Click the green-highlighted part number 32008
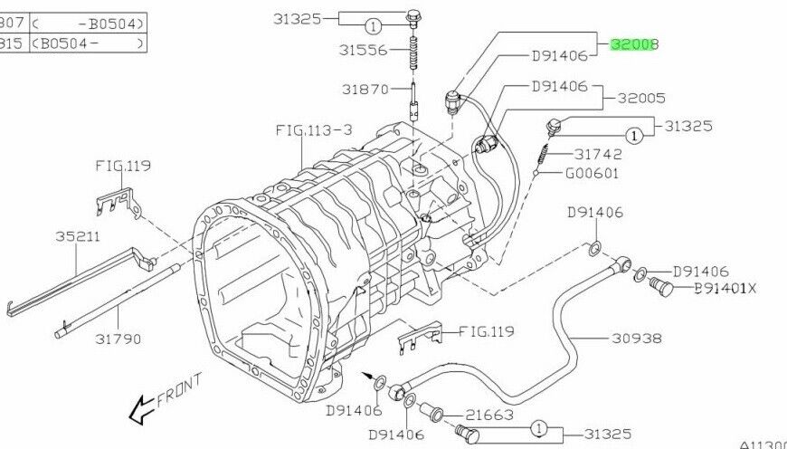[x=634, y=43]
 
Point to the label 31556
[x=365, y=51]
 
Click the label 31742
[x=593, y=154]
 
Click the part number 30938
[x=637, y=338]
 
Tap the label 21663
[x=489, y=415]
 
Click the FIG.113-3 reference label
[x=313, y=129]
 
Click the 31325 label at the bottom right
[x=607, y=435]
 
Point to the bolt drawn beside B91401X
[x=659, y=288]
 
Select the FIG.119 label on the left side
[x=123, y=166]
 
